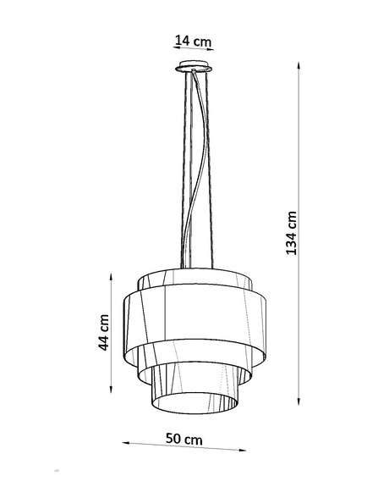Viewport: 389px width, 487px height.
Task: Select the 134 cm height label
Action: pos(291,233)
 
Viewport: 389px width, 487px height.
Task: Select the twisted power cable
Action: pos(200,169)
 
